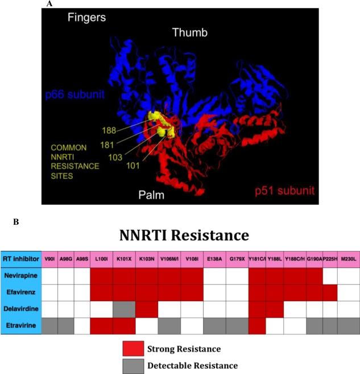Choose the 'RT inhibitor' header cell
point(22,258)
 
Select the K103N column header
point(147,258)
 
